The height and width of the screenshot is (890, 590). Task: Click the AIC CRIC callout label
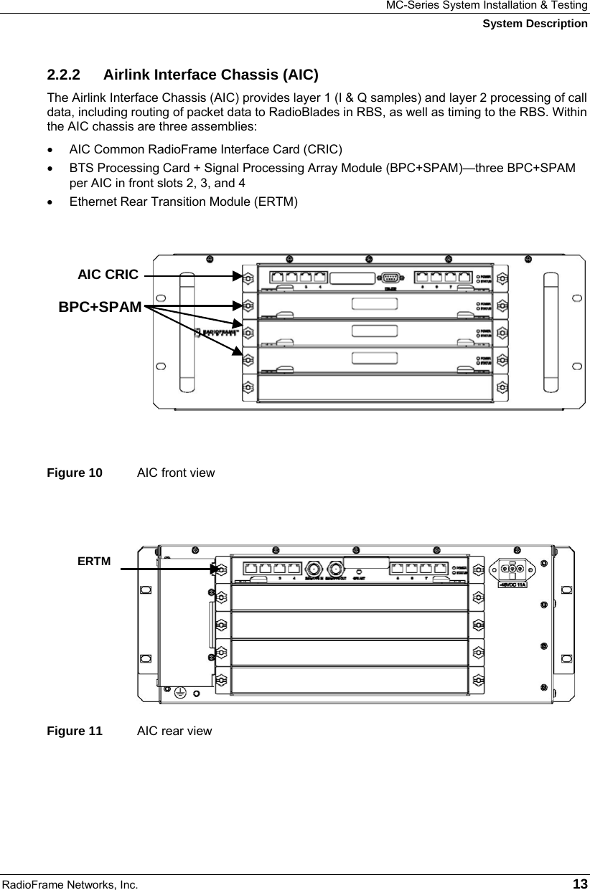108,274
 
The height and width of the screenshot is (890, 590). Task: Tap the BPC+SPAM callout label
100,307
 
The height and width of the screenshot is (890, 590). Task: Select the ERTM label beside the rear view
94,561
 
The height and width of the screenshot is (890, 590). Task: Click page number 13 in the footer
580,881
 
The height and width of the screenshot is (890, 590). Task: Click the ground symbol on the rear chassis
180,693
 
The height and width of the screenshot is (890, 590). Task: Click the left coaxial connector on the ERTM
313,567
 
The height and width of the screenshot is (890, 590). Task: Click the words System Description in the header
535,24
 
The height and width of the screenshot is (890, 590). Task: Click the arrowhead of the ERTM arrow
215,569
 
